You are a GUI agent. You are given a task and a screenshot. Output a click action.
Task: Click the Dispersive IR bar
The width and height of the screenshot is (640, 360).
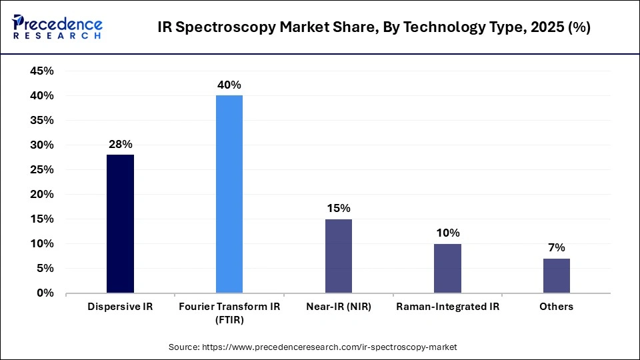tap(120, 223)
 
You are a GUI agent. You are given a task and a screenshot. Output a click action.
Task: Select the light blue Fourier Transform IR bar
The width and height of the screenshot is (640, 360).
tap(229, 194)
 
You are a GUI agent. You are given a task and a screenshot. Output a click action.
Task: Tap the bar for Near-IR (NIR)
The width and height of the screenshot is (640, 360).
tap(339, 255)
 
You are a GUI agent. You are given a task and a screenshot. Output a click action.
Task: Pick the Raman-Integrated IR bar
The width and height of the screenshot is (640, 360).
tap(447, 268)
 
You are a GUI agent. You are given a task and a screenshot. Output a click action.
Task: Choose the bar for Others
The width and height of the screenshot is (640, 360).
tap(557, 275)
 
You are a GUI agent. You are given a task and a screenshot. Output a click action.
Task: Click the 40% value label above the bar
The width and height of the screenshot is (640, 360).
tap(229, 85)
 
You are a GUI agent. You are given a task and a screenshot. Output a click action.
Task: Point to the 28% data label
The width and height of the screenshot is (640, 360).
tap(120, 144)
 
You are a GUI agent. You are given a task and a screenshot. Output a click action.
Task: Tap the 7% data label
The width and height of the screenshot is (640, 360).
tap(557, 247)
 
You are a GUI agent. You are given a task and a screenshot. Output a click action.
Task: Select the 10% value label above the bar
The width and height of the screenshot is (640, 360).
tap(447, 233)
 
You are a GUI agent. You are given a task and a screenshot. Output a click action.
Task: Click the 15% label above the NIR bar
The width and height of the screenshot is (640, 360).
tap(339, 208)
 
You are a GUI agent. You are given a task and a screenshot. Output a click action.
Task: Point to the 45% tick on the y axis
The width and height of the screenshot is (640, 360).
tap(42, 71)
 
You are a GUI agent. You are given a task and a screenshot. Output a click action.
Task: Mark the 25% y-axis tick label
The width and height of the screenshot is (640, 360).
tap(42, 169)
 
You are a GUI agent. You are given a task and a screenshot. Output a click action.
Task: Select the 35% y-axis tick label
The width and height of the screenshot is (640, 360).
tap(42, 121)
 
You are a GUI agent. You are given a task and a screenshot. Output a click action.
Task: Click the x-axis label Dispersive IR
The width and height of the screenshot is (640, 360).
tap(120, 307)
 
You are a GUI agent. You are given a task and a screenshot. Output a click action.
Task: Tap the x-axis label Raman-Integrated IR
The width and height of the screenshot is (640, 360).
tap(447, 307)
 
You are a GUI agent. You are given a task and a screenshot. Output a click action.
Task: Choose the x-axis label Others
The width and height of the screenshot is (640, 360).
tap(557, 307)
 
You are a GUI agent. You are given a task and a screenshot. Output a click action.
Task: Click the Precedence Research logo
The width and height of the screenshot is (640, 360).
tap(57, 27)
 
